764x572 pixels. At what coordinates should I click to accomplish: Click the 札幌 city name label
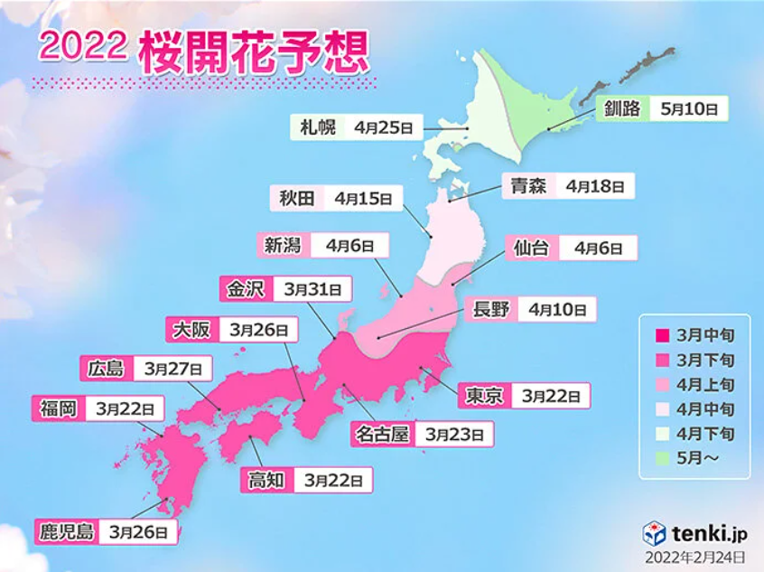click(318, 127)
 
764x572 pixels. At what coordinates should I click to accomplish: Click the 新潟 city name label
click(283, 244)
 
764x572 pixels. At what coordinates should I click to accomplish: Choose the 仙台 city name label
click(532, 248)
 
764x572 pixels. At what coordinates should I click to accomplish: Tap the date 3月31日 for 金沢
click(312, 290)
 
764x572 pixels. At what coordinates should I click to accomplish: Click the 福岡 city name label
click(57, 408)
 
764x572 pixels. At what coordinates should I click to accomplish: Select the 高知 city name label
click(267, 480)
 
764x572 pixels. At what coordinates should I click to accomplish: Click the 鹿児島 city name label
click(66, 531)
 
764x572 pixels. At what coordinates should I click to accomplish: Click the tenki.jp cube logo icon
click(655, 532)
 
